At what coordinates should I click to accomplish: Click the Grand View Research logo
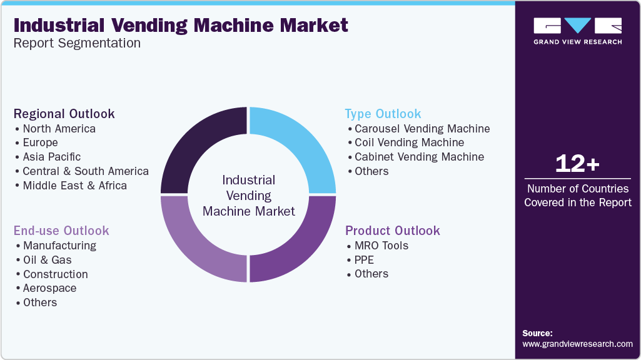click(577, 31)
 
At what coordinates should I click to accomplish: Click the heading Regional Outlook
click(64, 114)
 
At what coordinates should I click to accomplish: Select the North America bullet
click(59, 129)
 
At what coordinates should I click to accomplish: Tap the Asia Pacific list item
click(51, 157)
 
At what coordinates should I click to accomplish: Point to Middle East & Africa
click(74, 186)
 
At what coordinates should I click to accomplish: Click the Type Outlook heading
click(383, 114)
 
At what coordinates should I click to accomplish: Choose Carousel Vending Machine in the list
click(422, 129)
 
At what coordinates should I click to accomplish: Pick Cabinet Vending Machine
click(419, 157)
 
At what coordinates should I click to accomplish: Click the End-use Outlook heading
click(61, 231)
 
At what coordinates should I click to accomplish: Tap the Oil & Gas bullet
click(48, 260)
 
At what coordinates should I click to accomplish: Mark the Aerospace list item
click(50, 288)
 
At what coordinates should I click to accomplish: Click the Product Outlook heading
click(393, 231)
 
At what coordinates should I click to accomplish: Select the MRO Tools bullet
click(381, 246)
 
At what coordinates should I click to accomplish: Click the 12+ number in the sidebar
click(577, 164)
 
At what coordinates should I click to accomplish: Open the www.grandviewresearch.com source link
click(577, 344)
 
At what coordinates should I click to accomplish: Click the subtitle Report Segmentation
click(77, 43)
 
